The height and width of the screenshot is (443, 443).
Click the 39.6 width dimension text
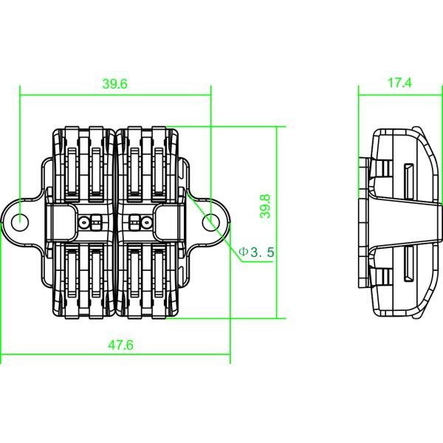point(115,84)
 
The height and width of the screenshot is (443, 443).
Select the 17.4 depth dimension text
point(399,84)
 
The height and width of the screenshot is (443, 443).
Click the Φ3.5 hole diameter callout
point(256,253)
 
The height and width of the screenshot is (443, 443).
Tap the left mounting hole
point(21,221)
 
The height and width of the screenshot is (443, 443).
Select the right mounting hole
point(210,221)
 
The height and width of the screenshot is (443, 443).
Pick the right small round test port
point(134,221)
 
